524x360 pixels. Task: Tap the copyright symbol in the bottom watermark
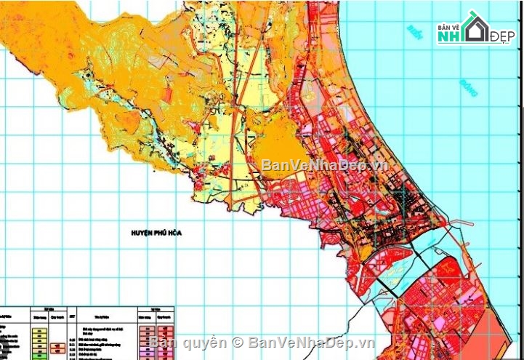pyautogui.click(x=237, y=342)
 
